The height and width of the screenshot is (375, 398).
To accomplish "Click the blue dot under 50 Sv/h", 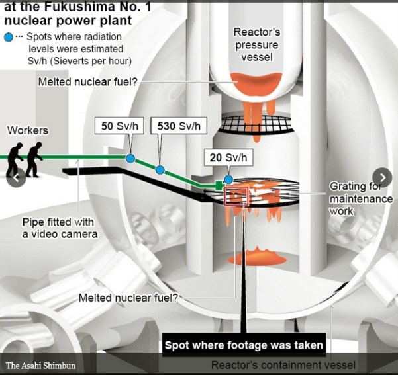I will (131, 158).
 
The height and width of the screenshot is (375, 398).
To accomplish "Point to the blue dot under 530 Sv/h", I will (160, 169).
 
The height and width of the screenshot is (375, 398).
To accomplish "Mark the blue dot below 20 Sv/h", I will (228, 179).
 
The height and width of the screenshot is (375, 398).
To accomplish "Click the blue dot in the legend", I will (8, 37).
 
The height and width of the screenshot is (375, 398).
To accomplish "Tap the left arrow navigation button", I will (17, 177).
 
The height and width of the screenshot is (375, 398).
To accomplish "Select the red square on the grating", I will (235, 196).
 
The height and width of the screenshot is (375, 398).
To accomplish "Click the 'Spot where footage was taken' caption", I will (243, 345).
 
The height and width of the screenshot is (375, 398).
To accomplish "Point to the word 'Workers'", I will (27, 130).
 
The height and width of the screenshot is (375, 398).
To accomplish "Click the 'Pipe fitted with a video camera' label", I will (60, 228).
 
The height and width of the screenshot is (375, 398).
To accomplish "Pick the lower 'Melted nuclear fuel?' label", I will (128, 298).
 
